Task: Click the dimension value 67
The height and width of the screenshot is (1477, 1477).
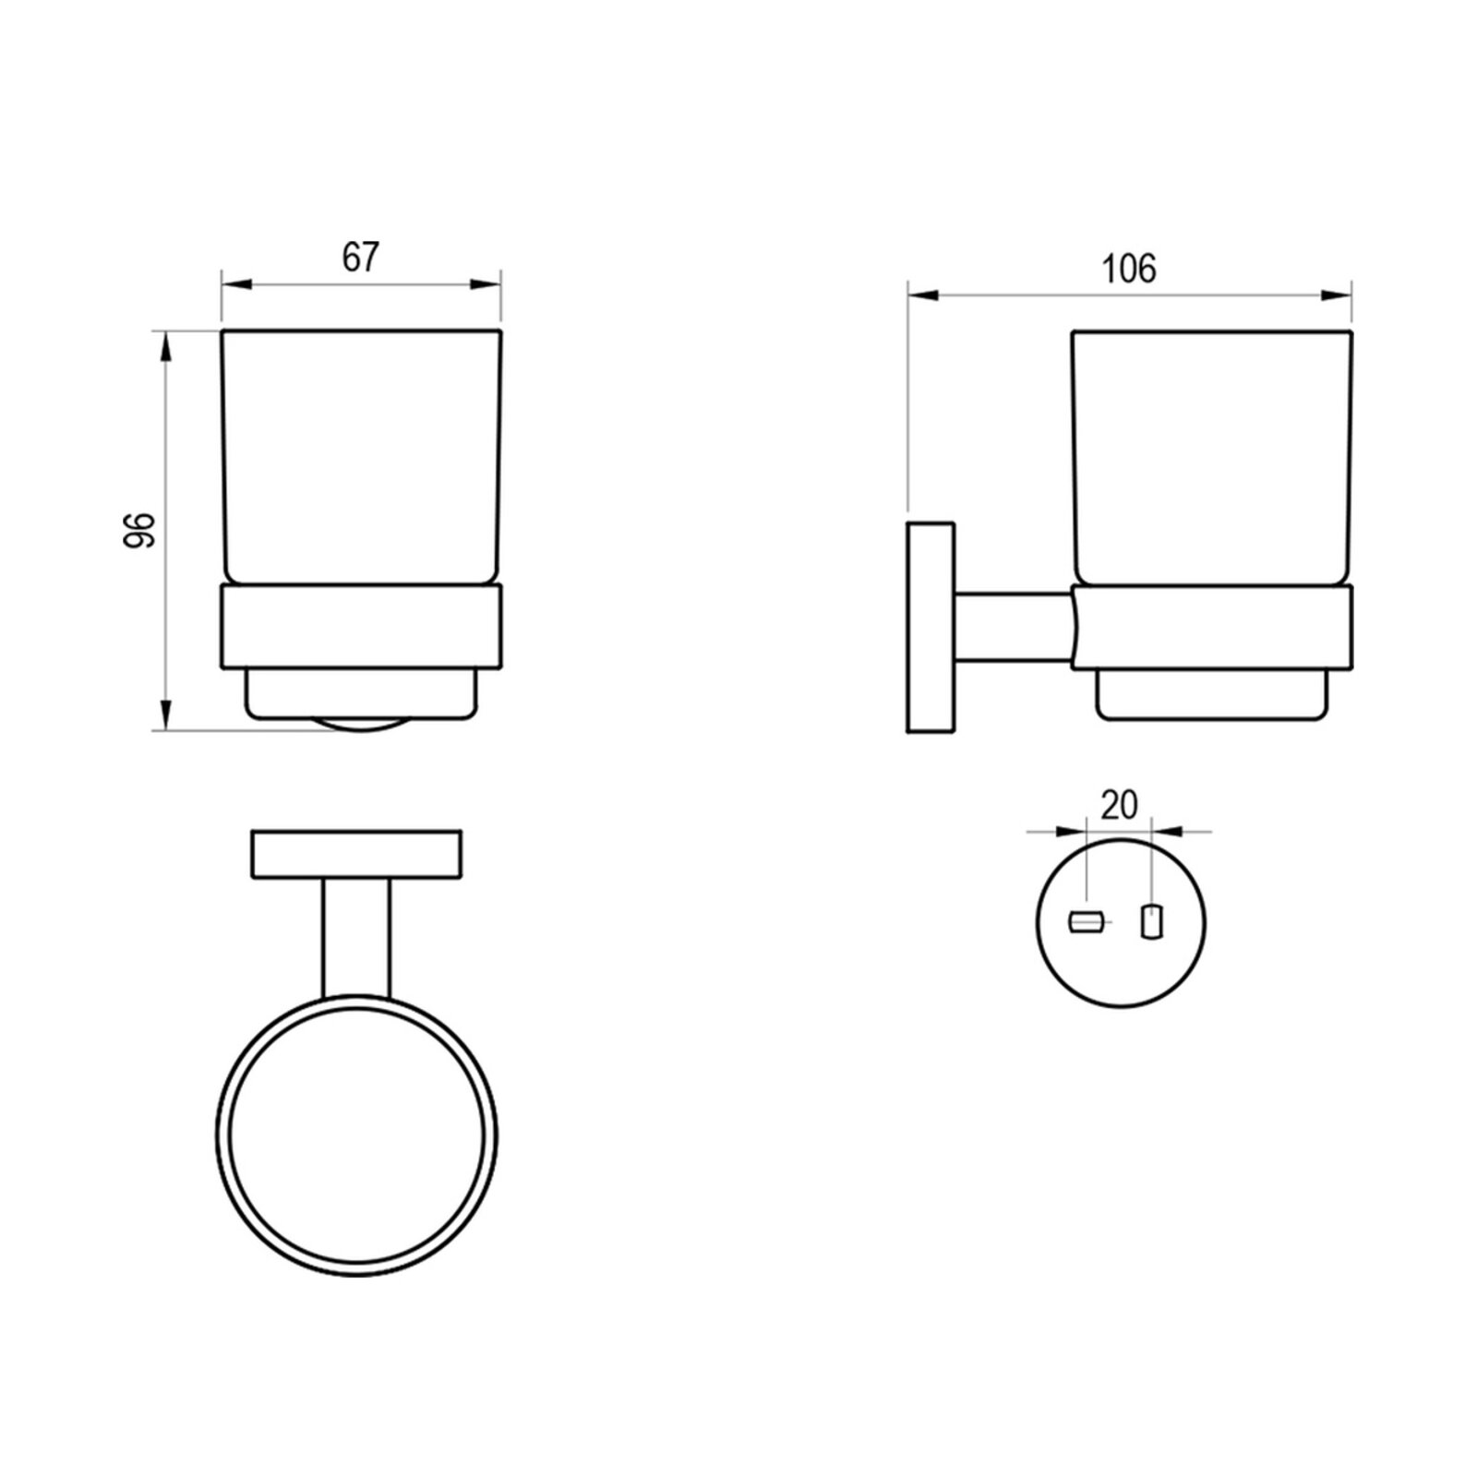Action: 360,258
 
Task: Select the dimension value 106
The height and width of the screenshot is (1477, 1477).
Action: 1129,269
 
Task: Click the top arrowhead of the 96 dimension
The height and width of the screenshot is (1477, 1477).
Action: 165,345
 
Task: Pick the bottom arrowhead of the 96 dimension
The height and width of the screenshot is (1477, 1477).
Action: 165,715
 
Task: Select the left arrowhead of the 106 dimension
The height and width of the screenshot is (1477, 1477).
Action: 922,295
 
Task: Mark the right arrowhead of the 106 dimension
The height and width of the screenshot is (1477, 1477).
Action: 1338,295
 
